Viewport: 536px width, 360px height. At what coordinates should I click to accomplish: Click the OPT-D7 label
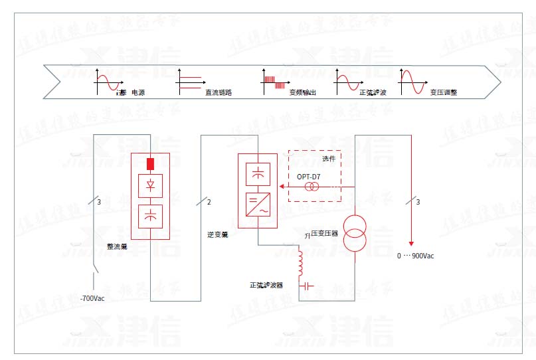point(309,176)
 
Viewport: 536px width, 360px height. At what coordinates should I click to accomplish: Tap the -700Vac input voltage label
point(92,298)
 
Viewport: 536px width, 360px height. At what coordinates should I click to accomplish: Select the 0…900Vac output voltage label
point(416,256)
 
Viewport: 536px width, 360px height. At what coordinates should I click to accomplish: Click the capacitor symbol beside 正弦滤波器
point(307,286)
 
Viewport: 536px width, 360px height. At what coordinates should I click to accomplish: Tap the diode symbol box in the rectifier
point(150,185)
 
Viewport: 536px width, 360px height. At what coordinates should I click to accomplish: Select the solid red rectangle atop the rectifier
point(150,163)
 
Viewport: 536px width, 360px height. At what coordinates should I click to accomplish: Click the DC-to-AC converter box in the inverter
point(257,204)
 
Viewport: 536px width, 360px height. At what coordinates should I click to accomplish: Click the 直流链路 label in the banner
point(218,93)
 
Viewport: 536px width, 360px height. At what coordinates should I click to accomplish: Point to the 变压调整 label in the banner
point(443,93)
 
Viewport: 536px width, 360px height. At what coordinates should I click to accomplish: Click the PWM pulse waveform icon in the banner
point(274,82)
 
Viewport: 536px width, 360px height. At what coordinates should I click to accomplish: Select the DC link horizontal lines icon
point(190,82)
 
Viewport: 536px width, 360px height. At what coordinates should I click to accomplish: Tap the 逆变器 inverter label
point(217,234)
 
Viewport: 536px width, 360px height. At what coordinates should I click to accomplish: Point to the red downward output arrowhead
point(412,242)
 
